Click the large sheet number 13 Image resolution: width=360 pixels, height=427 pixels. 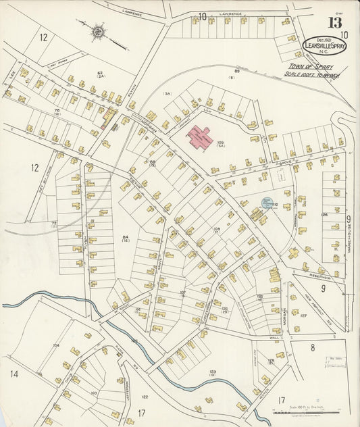(334, 22)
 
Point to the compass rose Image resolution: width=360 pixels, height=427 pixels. (100, 31)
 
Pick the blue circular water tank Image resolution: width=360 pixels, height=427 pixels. (267, 202)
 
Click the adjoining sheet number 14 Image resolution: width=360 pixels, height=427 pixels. (14, 374)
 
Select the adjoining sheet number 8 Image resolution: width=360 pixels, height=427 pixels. (313, 347)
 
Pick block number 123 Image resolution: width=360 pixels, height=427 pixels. (213, 372)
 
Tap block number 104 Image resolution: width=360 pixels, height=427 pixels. (56, 345)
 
